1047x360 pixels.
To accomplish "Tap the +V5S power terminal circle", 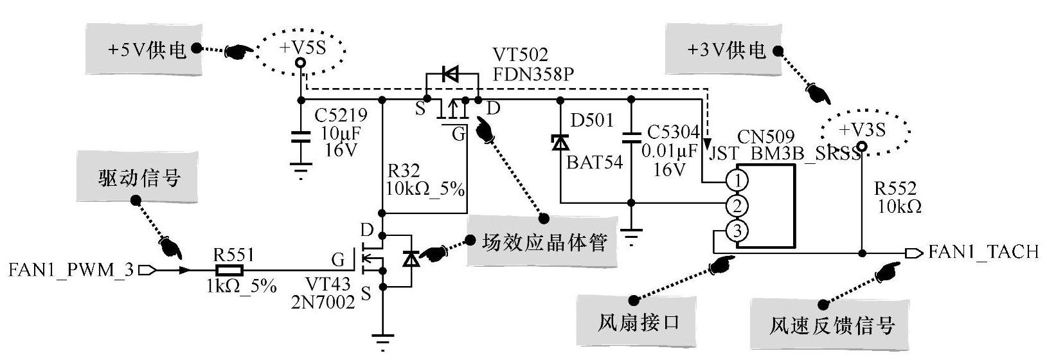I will click(x=300, y=63).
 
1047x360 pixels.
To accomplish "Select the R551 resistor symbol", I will click(x=229, y=271).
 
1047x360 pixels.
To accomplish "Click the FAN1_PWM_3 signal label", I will click(x=71, y=270).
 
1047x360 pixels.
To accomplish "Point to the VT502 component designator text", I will click(x=521, y=55).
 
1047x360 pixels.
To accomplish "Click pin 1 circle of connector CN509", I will click(x=737, y=181).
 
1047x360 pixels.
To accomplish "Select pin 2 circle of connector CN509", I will click(x=737, y=206).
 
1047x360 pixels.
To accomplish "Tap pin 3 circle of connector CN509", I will click(x=737, y=230).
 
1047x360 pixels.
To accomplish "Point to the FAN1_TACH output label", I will click(x=983, y=251).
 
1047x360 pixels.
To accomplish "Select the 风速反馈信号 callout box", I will click(x=832, y=325).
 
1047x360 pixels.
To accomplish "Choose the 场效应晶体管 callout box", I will click(x=544, y=243).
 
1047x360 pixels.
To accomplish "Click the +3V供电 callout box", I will click(x=726, y=50).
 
